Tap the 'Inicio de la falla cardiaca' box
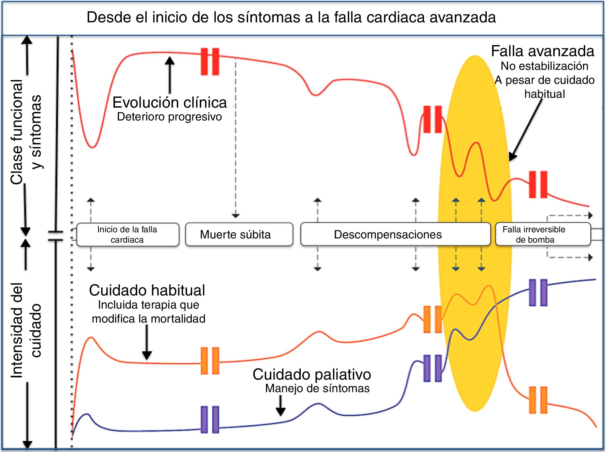[x=128, y=234]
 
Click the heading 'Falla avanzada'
[x=543, y=51]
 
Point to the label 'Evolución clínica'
[x=169, y=102]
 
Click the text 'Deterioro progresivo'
[x=169, y=117]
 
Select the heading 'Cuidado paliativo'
[x=312, y=374]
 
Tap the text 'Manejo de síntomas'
[x=317, y=388]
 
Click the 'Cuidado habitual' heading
[x=147, y=290]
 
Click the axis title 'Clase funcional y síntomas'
[x=26, y=131]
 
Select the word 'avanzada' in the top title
[x=463, y=17]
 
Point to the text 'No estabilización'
[x=544, y=66]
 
